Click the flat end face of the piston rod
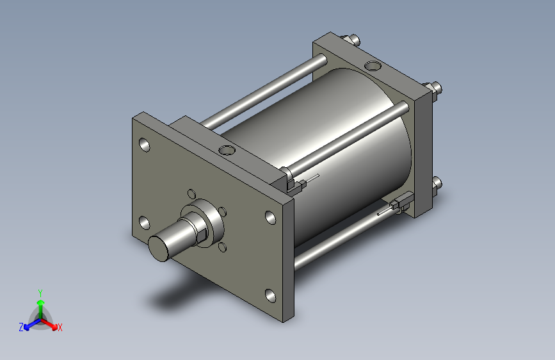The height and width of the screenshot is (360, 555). pos(161,247)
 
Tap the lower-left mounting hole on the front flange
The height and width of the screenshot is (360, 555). pos(144,223)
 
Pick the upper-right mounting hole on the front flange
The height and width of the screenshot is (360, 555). pos(270,216)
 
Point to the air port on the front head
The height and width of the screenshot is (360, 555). pos(226,151)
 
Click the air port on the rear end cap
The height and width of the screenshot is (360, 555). pos(372,65)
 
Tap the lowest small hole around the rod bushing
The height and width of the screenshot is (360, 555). pos(222,247)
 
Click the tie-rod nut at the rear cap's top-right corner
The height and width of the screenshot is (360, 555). pos(435,88)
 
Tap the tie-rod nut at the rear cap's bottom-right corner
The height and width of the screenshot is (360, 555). pos(437,185)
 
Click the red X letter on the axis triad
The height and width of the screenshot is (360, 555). pos(60,328)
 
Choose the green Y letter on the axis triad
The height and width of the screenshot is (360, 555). pos(40,291)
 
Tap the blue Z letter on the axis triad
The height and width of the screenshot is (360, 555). pos(21,327)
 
